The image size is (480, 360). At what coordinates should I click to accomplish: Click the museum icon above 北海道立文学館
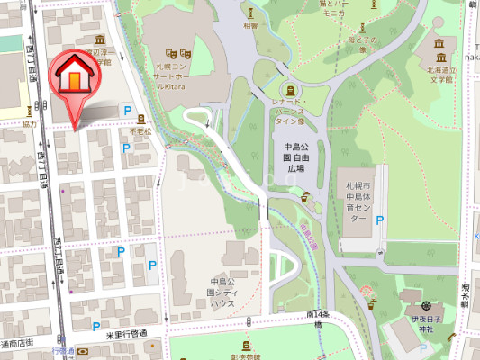coord(439,44)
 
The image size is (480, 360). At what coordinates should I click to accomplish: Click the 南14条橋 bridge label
coord(318,319)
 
